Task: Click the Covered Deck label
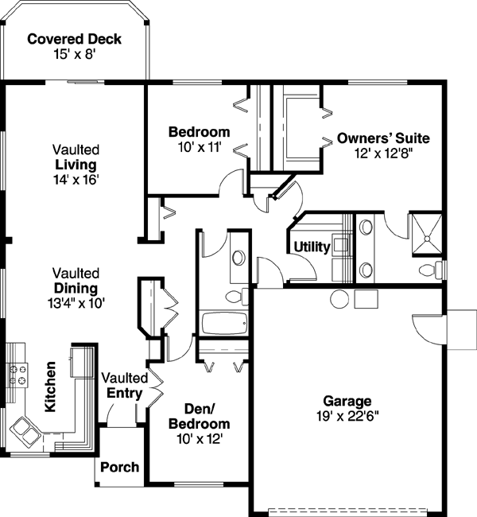pos(74,39)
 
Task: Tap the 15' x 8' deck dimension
pos(74,54)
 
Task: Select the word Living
pos(76,165)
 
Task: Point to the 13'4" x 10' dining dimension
pos(76,303)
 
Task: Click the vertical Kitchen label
pos(50,387)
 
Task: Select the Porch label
pos(120,467)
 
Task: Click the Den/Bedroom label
pos(199,417)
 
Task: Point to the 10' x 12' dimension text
pos(199,438)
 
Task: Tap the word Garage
pos(347,400)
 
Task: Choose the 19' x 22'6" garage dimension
pos(347,415)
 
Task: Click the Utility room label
pos(312,247)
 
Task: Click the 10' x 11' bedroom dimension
pos(199,147)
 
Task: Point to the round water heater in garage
pos(339,299)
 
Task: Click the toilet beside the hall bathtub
pos(235,296)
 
